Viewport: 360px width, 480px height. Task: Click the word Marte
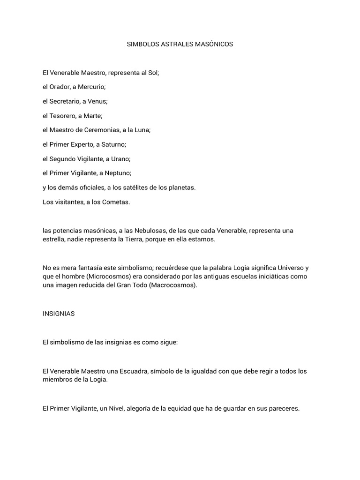tap(92, 116)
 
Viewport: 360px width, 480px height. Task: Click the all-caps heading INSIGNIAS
tap(59, 314)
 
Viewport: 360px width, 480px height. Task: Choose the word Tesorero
tap(61, 116)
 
